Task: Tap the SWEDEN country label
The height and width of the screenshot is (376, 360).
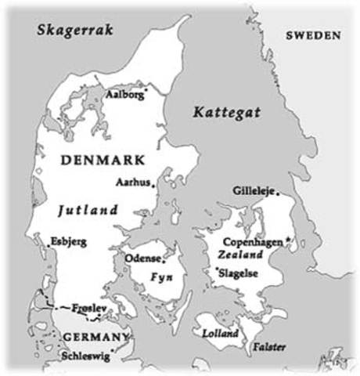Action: click(313, 36)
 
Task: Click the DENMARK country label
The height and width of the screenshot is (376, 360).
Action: click(102, 160)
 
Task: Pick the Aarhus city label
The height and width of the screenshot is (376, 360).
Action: click(133, 181)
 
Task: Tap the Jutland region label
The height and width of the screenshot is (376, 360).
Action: click(88, 210)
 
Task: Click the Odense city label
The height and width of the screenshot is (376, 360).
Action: click(142, 258)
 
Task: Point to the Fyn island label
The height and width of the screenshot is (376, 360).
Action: click(161, 278)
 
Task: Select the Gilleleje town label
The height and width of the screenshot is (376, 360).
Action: click(255, 190)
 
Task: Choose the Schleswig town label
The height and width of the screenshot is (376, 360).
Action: click(86, 356)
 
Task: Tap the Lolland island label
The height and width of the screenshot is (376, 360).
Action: click(220, 333)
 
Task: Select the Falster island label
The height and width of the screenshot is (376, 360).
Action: click(268, 347)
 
